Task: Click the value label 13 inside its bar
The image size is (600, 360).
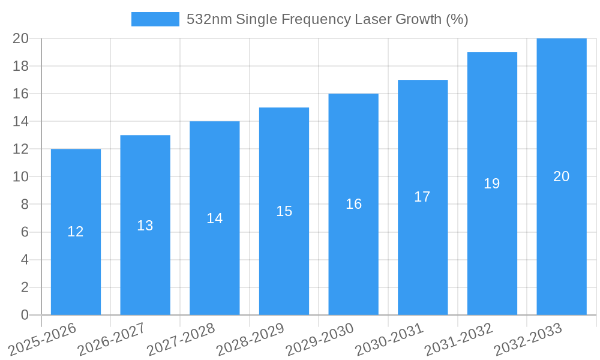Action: pos(145,226)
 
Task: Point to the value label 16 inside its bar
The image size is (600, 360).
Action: pos(353,204)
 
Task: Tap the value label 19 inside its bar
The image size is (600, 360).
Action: pos(492,184)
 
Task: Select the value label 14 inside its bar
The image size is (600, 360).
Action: pos(215,218)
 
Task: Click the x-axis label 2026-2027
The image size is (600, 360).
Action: pos(112,340)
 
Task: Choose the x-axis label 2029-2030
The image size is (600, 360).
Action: pos(320,340)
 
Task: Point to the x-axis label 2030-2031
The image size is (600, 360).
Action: pos(389,340)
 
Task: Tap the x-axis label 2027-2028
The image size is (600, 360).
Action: pos(181,340)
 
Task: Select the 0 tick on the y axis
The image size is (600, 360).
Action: pos(25,315)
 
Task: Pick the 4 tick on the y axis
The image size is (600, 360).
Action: pos(25,260)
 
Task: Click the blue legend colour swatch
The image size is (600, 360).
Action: pos(155,19)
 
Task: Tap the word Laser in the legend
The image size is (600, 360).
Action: pos(373,19)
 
